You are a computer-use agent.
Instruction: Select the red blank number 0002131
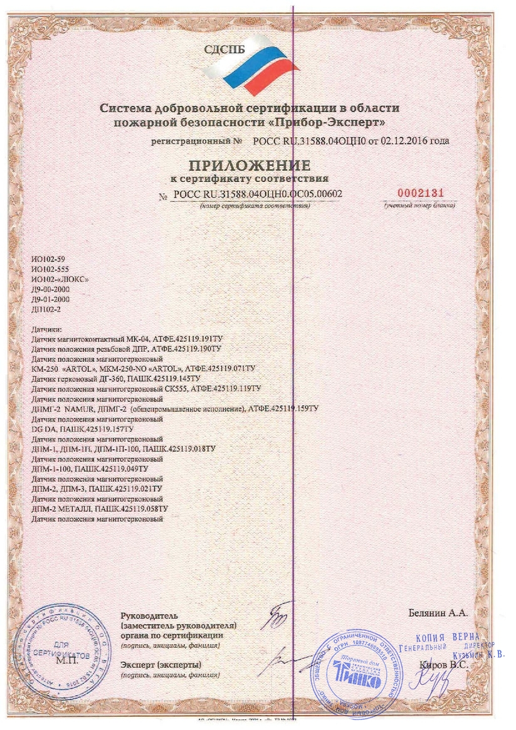point(419,193)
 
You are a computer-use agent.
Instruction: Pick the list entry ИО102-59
point(48,259)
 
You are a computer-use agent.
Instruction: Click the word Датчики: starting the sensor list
point(46,329)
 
